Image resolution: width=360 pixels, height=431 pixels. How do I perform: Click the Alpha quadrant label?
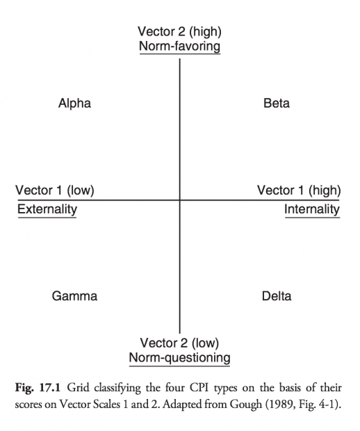pos(74,104)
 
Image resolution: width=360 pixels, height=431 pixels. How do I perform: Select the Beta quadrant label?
pos(277,104)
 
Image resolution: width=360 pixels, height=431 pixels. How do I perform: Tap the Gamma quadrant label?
pos(74,296)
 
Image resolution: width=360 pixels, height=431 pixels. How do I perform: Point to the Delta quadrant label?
pos(277,296)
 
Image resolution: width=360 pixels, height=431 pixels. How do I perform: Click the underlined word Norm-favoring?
pos(180,46)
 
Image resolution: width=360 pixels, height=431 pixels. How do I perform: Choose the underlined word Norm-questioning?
pos(180,358)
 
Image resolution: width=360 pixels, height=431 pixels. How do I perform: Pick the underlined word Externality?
pos(47,209)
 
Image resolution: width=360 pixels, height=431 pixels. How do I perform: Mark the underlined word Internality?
pos(312,209)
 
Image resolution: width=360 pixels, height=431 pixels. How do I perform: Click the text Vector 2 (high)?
pos(179,31)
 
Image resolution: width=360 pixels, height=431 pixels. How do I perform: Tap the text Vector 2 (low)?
pos(179,343)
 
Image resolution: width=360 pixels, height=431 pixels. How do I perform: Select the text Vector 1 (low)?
pos(55,190)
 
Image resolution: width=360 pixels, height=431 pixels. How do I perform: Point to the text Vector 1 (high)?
pos(299,190)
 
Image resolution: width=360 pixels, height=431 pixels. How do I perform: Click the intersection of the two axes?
pos(180,200)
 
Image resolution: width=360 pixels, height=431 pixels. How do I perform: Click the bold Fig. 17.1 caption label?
pos(38,388)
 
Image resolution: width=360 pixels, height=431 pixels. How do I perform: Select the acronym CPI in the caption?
pos(199,388)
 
